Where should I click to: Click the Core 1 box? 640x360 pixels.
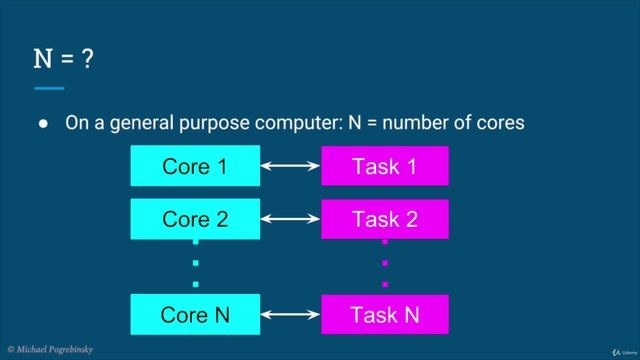[x=194, y=166]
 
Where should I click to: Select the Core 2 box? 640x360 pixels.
[x=194, y=219]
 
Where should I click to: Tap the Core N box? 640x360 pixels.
[x=194, y=315]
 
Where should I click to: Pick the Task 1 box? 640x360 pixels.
[x=384, y=166]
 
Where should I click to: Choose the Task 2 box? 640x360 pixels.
[x=384, y=219]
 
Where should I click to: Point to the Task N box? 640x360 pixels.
[x=384, y=315]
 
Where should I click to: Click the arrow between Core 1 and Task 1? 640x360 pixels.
[x=289, y=166]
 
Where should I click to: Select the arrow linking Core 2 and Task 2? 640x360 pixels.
[x=289, y=219]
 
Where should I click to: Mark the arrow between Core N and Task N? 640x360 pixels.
[x=289, y=315]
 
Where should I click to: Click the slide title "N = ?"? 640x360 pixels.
[x=64, y=60]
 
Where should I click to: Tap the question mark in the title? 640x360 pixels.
[x=88, y=60]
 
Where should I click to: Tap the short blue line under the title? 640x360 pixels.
[x=48, y=88]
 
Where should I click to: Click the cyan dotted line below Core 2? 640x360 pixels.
[x=196, y=264]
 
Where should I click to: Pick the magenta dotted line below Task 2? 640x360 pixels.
[x=384, y=264]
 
